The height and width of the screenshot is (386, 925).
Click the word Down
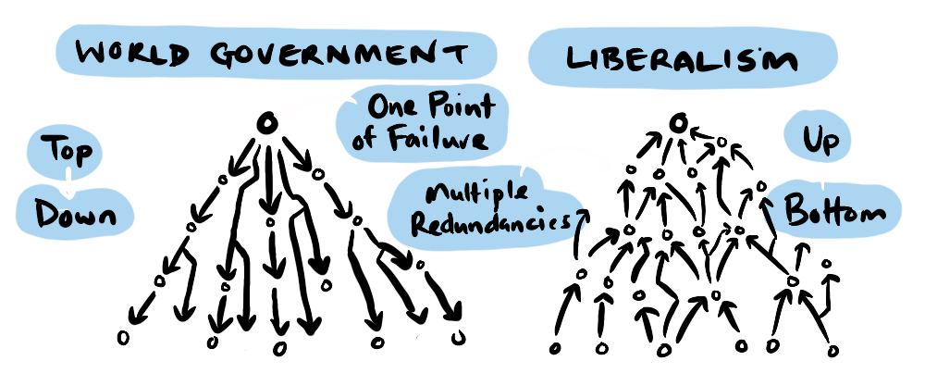coord(76,215)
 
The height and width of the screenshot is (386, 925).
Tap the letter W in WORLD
coord(92,54)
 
